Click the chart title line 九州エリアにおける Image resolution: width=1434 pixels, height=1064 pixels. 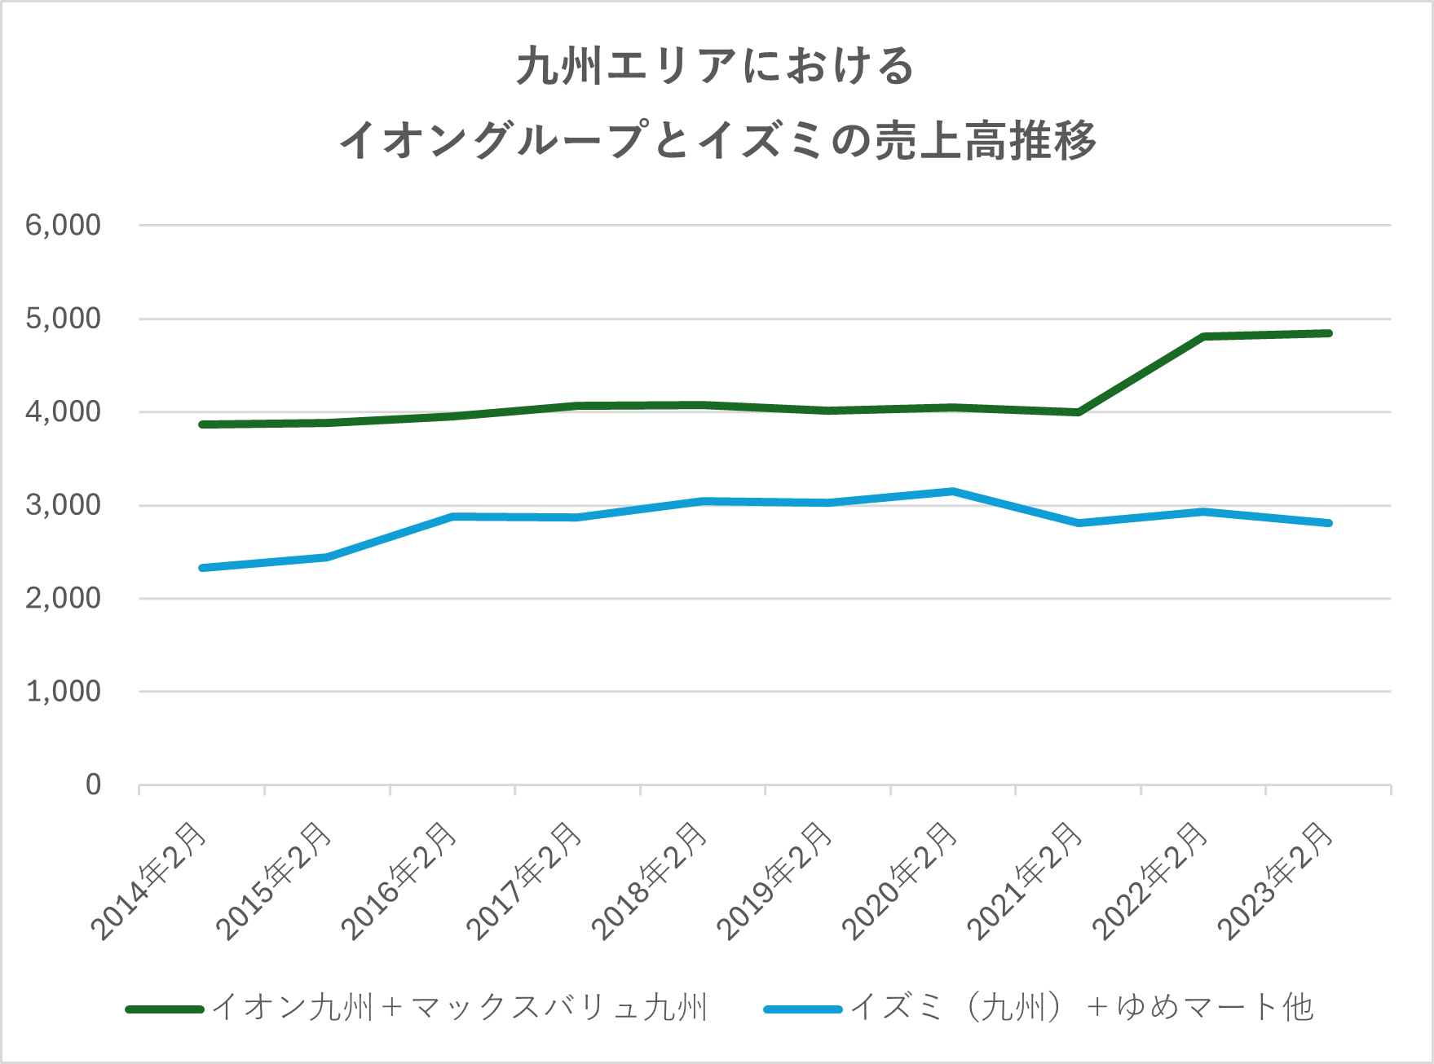[x=715, y=67]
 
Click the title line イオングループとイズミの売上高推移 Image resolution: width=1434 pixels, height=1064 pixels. [x=717, y=140]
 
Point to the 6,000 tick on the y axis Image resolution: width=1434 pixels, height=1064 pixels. [x=64, y=225]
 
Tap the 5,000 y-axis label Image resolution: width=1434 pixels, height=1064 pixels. [x=64, y=319]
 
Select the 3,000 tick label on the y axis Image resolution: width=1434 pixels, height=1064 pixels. [x=64, y=505]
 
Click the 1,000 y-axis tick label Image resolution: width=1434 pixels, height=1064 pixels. [x=64, y=692]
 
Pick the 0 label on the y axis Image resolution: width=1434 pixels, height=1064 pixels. [x=93, y=785]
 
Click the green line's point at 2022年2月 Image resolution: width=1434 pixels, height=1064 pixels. [x=1203, y=336]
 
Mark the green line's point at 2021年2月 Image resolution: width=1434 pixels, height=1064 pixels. [x=1078, y=412]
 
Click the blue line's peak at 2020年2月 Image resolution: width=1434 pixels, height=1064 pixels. [x=952, y=491]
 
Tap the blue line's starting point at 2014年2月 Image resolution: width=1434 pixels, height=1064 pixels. [x=202, y=568]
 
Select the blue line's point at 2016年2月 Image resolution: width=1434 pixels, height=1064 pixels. [x=452, y=517]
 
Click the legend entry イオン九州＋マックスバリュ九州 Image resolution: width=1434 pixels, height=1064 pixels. [x=460, y=1009]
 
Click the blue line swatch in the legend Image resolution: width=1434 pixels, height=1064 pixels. [x=802, y=1009]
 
